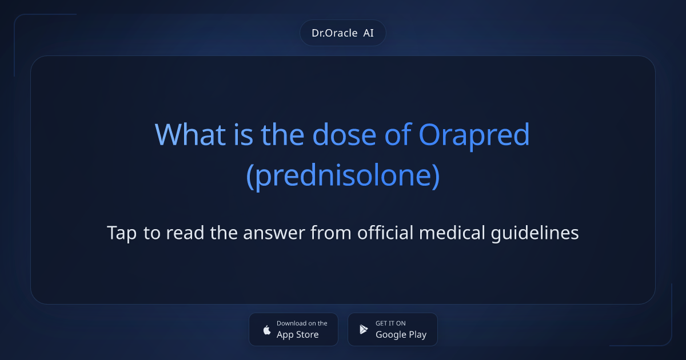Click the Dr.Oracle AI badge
[343, 33]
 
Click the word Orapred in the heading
[474, 135]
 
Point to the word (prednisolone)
[343, 177]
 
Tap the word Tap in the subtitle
[122, 233]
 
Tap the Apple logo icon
[266, 329]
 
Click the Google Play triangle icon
[364, 329]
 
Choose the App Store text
[298, 335]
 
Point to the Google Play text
[401, 335]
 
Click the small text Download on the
[302, 323]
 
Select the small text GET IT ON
[390, 323]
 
